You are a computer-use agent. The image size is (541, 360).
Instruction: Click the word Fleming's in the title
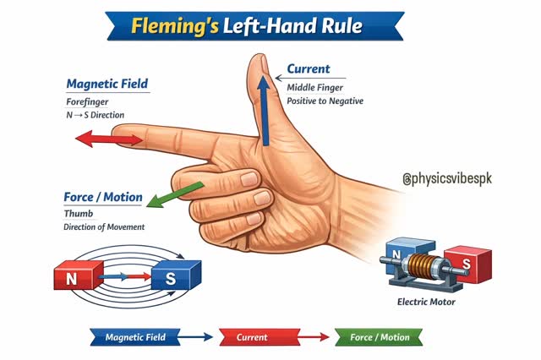point(175,26)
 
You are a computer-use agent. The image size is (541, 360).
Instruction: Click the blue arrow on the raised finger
point(265,111)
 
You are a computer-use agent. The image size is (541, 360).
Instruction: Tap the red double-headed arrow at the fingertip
point(109,139)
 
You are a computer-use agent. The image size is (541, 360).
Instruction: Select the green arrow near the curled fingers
point(175,195)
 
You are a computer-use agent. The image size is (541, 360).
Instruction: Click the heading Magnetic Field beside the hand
point(107,84)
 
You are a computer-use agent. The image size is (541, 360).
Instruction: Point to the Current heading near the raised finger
point(309,68)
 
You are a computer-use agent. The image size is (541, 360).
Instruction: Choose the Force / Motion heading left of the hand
point(103,197)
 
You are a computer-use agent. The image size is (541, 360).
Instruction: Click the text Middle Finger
point(315,88)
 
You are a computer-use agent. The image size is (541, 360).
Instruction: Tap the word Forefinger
point(87,102)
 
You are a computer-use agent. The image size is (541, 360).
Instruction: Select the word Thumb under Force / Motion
point(79,214)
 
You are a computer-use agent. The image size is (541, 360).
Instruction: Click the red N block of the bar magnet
point(79,275)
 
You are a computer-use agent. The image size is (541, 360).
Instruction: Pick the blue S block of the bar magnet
point(177,275)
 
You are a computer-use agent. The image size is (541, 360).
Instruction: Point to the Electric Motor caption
point(426,302)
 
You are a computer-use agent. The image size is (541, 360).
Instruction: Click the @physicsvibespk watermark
point(447,178)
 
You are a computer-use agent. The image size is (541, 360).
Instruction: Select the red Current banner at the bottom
point(260,337)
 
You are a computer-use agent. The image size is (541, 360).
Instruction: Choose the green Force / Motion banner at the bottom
point(379,337)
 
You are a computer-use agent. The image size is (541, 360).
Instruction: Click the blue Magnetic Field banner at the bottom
point(135,337)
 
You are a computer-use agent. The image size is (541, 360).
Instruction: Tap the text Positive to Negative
point(325,101)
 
